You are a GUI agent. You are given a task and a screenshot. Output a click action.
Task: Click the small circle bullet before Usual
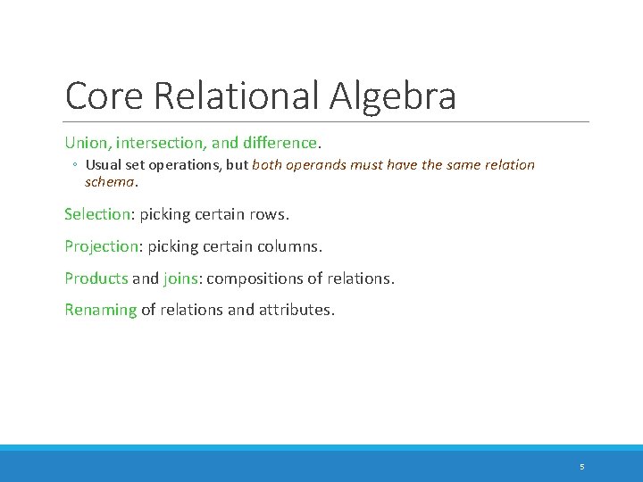[x=76, y=165]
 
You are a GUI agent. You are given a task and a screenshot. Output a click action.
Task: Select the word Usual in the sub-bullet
[x=104, y=165]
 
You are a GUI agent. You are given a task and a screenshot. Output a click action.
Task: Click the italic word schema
[x=110, y=181]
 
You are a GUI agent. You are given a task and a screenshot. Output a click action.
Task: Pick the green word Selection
[x=97, y=215]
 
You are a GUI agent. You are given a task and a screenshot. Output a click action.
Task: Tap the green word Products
[x=96, y=278]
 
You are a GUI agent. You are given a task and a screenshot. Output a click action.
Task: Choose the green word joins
[x=181, y=278]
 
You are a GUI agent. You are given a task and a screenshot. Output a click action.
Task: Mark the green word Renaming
[x=100, y=311]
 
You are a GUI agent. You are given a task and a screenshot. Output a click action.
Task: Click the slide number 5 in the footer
[x=581, y=467]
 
